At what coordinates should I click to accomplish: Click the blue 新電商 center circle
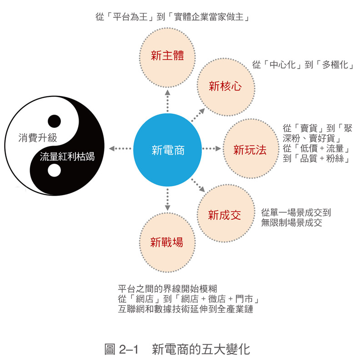[x=167, y=149]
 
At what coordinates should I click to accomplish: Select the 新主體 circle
[x=167, y=56]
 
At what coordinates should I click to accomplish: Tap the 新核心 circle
[x=225, y=86]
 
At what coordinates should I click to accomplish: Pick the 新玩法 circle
[x=250, y=150]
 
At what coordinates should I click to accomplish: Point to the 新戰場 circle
[x=167, y=242]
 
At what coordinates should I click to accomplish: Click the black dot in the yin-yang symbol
[x=54, y=121]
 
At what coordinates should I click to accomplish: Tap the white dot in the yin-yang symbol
[x=54, y=170]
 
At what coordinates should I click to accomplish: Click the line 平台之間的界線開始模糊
[x=167, y=289]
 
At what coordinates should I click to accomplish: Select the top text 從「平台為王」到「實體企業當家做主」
[x=174, y=18]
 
